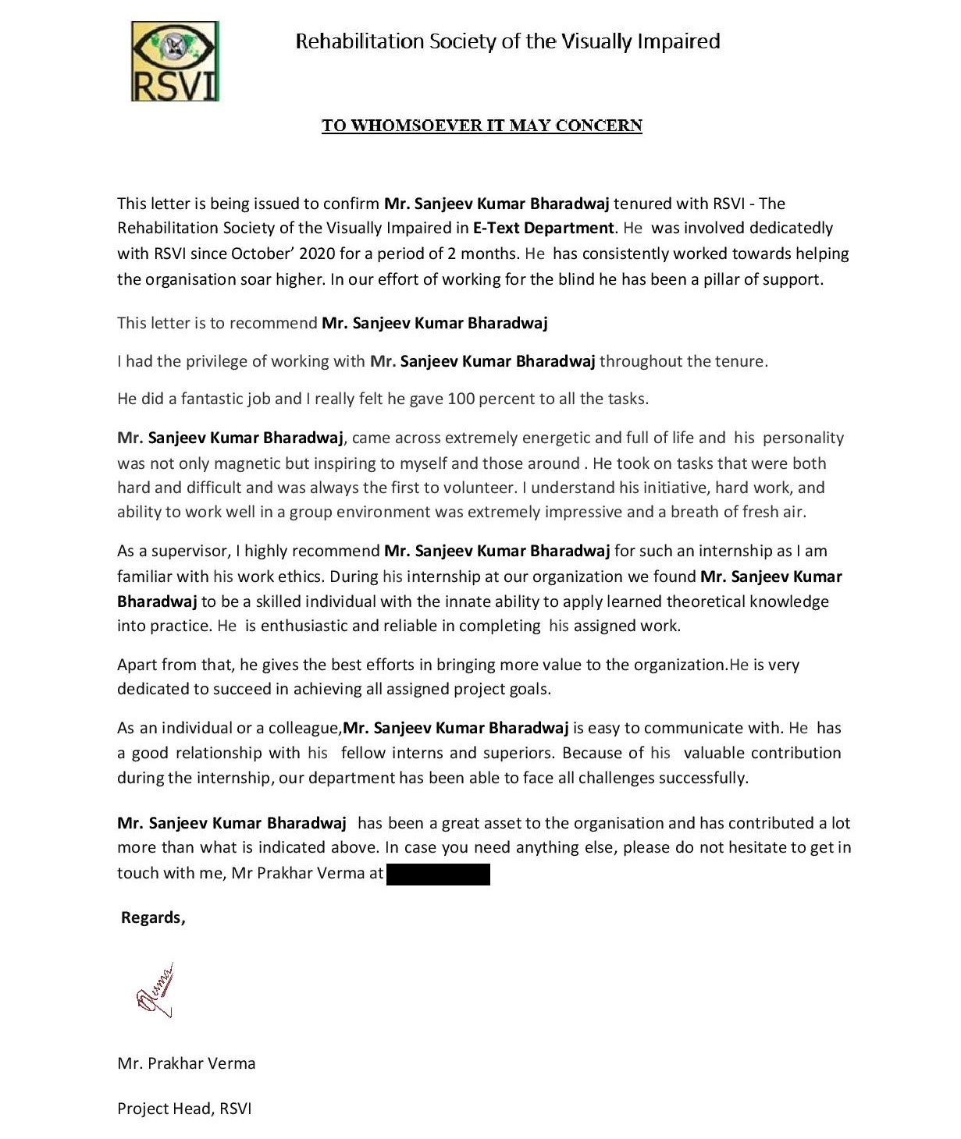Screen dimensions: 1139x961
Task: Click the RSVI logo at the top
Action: pyautogui.click(x=175, y=62)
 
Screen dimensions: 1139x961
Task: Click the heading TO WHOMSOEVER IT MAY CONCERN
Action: pyautogui.click(x=482, y=126)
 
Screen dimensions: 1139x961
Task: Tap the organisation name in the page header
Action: pyautogui.click(x=507, y=41)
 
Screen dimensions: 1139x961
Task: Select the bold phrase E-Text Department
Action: pyautogui.click(x=543, y=228)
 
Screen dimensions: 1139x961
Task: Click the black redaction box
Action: pyautogui.click(x=438, y=874)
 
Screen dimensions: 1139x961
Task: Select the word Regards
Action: pyautogui.click(x=152, y=917)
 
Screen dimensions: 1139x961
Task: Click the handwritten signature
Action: pyautogui.click(x=155, y=991)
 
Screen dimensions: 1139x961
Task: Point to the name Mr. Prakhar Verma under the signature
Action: pyautogui.click(x=187, y=1063)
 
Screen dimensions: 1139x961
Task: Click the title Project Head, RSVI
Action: pyautogui.click(x=184, y=1109)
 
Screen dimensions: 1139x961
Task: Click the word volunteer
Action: pyautogui.click(x=482, y=488)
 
